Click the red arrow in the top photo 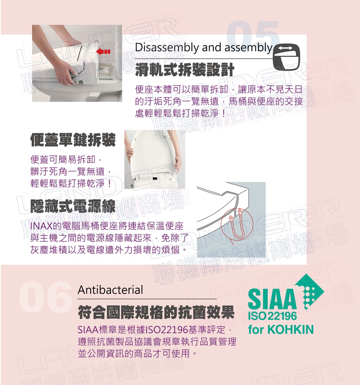coord(103,52)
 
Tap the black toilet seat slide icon coord(287,57)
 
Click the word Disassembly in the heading coord(167,48)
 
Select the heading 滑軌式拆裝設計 coord(185,70)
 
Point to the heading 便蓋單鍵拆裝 coord(73,140)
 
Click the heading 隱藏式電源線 coord(73,206)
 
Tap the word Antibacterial coord(111,290)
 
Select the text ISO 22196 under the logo coord(273,316)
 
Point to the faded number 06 coord(46,297)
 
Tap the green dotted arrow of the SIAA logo coord(310,292)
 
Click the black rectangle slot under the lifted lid coord(155,178)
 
